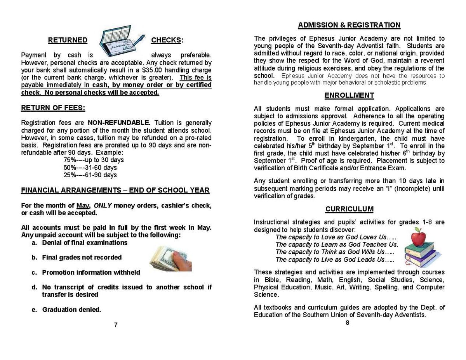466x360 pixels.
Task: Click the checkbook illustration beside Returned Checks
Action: coord(121,41)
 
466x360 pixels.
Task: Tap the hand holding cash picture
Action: coord(171,258)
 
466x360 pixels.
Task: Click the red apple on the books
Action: coord(418,237)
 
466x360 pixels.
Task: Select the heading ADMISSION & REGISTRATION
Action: coord(349,25)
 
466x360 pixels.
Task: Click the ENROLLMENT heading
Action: coord(349,95)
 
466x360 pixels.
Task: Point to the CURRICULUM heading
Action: coord(349,209)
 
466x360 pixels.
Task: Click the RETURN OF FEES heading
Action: coord(53,108)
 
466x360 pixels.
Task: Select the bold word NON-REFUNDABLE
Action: coord(119,123)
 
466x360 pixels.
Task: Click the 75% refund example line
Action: coord(94,160)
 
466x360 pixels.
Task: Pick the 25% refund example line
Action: coord(90,175)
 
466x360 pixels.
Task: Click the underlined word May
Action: coord(83,206)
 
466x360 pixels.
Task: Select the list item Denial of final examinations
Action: coord(85,243)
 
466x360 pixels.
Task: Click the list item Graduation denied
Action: coord(71,310)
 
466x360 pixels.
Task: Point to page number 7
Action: coord(116,325)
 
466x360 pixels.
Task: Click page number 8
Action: coord(347,322)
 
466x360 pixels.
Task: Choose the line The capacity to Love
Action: coord(336,237)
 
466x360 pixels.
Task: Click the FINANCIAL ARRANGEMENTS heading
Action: coord(115,190)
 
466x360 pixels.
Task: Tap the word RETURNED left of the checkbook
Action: coord(68,40)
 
